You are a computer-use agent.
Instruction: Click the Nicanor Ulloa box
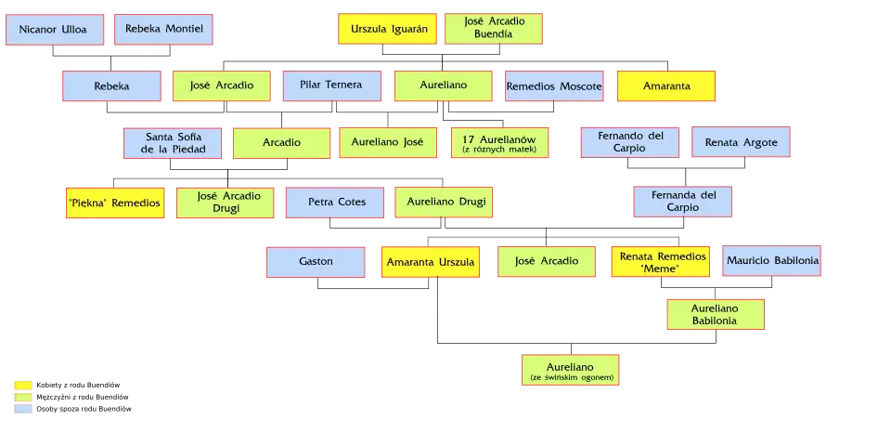click(x=53, y=30)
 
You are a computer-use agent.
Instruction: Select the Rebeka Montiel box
click(x=163, y=30)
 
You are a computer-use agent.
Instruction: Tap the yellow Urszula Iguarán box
click(x=388, y=30)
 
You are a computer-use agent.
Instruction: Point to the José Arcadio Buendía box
click(x=494, y=30)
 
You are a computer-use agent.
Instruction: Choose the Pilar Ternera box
click(x=332, y=86)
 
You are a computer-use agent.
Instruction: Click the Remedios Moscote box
click(x=554, y=86)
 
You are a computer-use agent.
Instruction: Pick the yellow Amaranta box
click(x=666, y=86)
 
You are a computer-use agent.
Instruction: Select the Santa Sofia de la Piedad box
click(x=173, y=143)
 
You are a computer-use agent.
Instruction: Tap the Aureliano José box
click(x=388, y=143)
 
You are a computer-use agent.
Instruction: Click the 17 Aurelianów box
click(x=499, y=143)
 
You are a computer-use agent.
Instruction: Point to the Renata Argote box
click(x=741, y=143)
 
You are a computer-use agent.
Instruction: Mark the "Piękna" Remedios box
click(x=115, y=203)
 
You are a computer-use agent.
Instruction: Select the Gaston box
click(x=316, y=262)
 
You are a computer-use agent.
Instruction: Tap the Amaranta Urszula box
click(x=430, y=262)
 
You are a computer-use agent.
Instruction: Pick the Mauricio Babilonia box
click(x=772, y=262)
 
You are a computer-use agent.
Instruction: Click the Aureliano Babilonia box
click(x=715, y=315)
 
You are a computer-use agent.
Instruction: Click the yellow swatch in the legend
click(x=22, y=385)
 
